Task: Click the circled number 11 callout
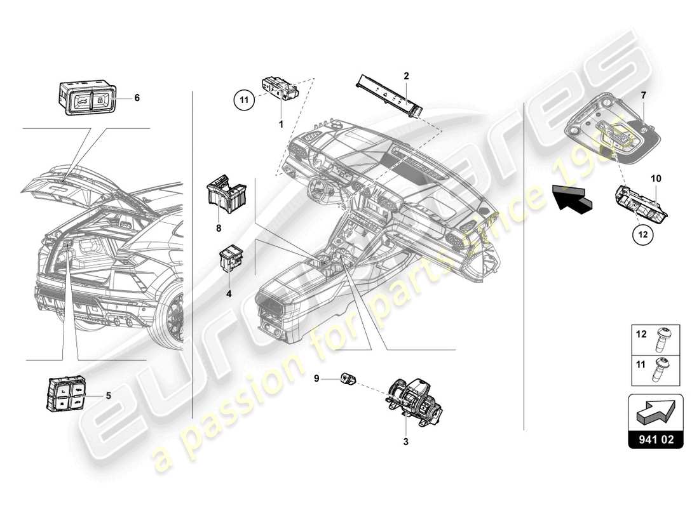point(243,99)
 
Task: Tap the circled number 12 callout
point(642,234)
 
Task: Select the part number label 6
point(137,98)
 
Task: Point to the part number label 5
point(108,395)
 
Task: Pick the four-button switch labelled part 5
point(67,394)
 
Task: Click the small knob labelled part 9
point(349,379)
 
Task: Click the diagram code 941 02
point(655,438)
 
